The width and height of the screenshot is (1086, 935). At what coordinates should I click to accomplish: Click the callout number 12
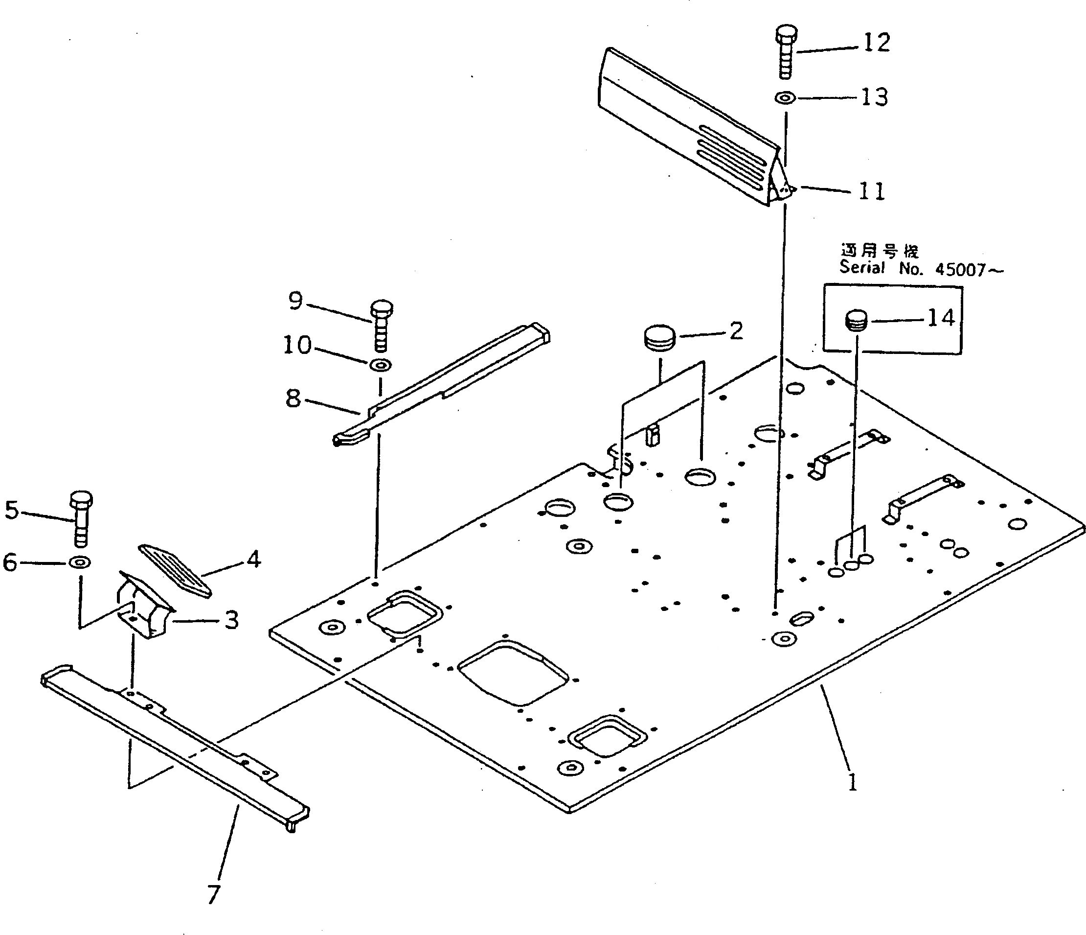(876, 42)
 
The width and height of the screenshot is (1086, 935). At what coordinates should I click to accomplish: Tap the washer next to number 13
(785, 97)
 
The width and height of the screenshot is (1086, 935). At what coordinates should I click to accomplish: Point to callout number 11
(872, 191)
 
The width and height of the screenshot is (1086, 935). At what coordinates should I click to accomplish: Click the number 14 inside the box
(941, 318)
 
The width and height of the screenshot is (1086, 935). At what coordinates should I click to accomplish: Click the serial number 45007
(961, 270)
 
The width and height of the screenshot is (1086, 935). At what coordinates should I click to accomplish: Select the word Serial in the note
(861, 267)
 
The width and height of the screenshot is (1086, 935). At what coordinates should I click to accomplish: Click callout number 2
(736, 331)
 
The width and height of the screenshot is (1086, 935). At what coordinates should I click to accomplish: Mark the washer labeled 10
(381, 364)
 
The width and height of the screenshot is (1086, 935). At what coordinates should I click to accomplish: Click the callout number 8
(294, 398)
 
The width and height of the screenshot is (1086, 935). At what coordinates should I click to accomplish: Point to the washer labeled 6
(80, 562)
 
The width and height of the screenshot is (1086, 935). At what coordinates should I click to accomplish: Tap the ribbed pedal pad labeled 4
(175, 569)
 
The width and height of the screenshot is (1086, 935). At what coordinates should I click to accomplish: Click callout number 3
(231, 620)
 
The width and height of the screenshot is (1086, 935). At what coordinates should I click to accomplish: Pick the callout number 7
(213, 894)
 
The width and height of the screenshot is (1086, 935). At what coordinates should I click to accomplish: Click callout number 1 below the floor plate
(852, 783)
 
